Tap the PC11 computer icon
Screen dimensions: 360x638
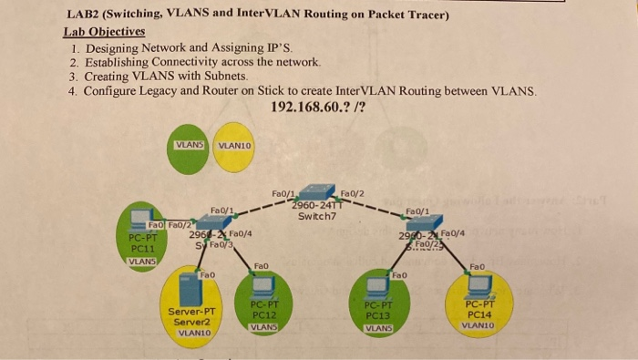click(x=139, y=219)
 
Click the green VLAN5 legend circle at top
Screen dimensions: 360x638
click(x=189, y=144)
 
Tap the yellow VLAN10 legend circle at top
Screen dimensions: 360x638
click(x=235, y=144)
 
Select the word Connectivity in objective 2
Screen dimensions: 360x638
click(x=184, y=62)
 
